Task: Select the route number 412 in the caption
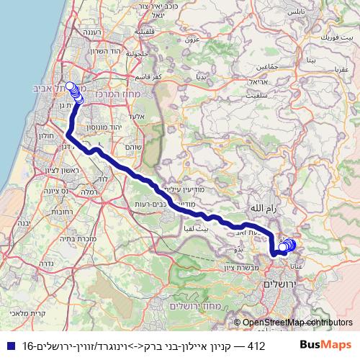pyautogui.click(x=256, y=346)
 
